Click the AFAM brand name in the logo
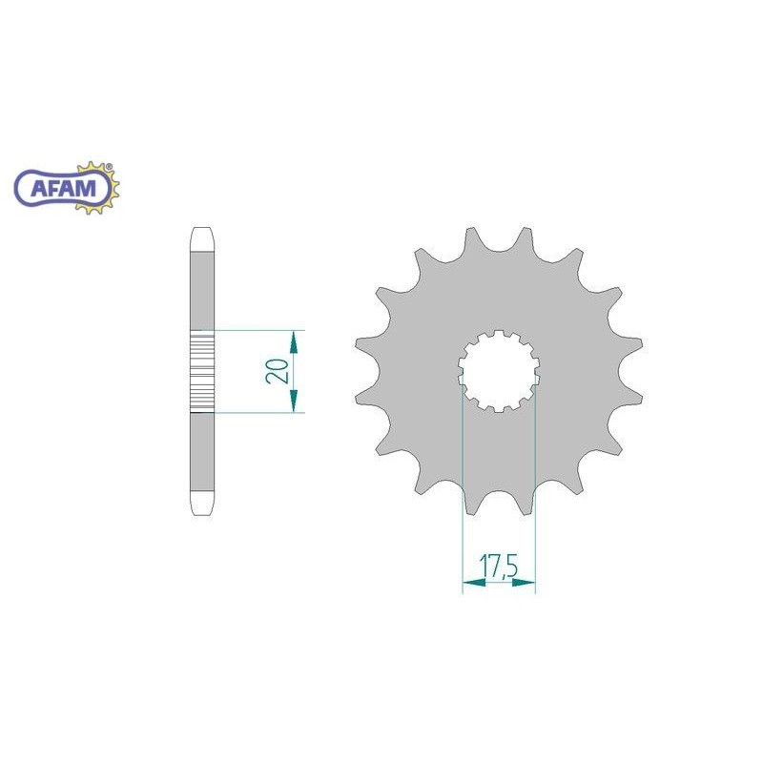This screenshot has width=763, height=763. (63, 187)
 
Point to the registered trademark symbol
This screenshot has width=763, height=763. (109, 166)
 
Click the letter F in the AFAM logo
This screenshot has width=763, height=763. (55, 187)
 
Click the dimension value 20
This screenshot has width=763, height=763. (277, 371)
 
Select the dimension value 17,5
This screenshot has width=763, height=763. (498, 567)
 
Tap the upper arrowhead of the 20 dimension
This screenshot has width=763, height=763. (294, 342)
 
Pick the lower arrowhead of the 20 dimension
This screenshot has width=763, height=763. (294, 401)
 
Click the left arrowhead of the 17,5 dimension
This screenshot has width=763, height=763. (474, 582)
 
